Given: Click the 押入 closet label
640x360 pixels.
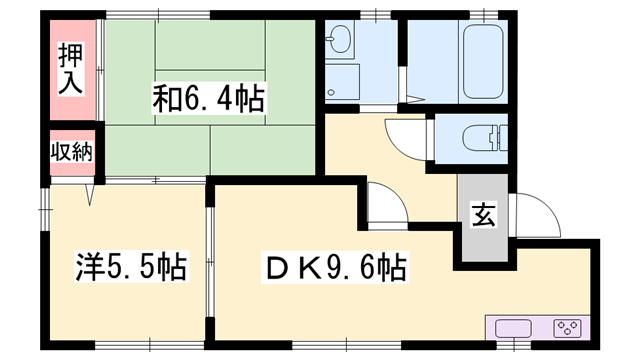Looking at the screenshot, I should (69, 66).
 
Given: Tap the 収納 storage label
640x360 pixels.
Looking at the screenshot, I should (71, 153).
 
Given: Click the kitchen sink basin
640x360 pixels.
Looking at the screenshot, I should (512, 330).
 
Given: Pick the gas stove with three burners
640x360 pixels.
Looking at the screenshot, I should (568, 330).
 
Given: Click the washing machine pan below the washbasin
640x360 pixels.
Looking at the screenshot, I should (342, 83).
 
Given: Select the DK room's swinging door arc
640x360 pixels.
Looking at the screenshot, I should (385, 205).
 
